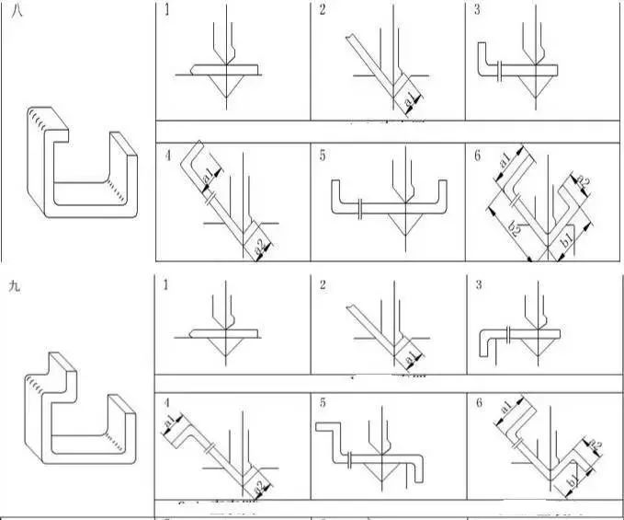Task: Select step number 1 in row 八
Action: (x=166, y=10)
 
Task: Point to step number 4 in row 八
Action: (x=166, y=155)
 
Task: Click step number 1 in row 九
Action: (x=166, y=286)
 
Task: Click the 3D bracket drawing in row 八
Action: (x=81, y=163)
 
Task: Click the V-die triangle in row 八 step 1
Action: (x=224, y=81)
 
